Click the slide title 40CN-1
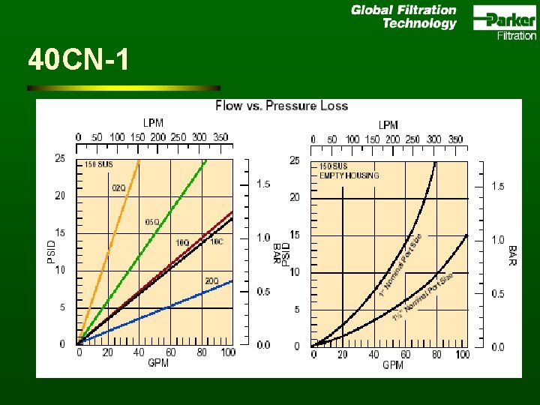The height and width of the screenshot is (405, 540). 78,59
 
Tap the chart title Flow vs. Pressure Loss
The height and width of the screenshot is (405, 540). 281,106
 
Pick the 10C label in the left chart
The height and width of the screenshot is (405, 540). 216,241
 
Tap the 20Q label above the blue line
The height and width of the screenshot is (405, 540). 211,281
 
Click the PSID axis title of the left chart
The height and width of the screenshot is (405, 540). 52,248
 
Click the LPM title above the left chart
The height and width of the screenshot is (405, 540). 153,122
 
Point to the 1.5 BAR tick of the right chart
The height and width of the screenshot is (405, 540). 498,186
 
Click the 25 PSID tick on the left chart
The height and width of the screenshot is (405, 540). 59,157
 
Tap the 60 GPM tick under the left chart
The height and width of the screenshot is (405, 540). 171,352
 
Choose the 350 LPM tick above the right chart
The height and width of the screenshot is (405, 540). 455,139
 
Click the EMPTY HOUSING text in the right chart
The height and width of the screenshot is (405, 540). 349,175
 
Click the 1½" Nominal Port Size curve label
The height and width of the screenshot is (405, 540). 424,297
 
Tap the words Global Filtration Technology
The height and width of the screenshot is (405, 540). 404,16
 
